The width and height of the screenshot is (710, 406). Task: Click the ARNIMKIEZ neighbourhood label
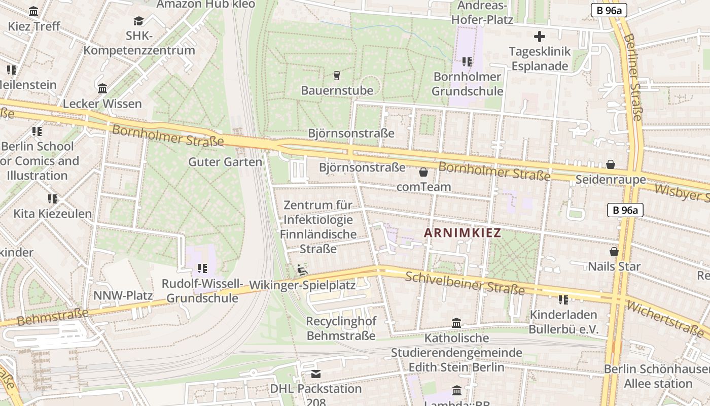pyautogui.click(x=462, y=233)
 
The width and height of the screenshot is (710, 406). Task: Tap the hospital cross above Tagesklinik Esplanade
pyautogui.click(x=540, y=37)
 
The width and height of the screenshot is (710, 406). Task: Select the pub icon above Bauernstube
pyautogui.click(x=336, y=76)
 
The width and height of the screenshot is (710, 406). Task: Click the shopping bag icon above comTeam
pyautogui.click(x=423, y=172)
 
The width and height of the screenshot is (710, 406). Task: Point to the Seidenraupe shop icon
pyautogui.click(x=611, y=164)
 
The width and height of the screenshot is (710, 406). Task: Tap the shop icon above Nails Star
pyautogui.click(x=614, y=252)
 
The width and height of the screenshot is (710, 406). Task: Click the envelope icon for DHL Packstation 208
pyautogui.click(x=316, y=374)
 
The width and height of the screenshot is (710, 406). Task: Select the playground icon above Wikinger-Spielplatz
pyautogui.click(x=302, y=269)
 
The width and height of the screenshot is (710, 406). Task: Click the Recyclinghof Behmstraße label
pyautogui.click(x=341, y=328)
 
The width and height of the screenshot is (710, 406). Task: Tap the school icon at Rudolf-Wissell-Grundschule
pyautogui.click(x=202, y=268)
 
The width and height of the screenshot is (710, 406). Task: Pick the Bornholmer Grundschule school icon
pyautogui.click(x=467, y=62)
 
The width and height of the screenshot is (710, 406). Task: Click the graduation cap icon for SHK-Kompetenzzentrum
pyautogui.click(x=138, y=21)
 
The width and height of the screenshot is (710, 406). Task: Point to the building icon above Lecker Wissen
pyautogui.click(x=102, y=89)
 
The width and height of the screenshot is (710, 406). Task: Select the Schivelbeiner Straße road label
pyautogui.click(x=465, y=283)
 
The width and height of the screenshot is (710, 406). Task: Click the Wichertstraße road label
pyautogui.click(x=664, y=318)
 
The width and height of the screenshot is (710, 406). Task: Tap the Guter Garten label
pyautogui.click(x=225, y=162)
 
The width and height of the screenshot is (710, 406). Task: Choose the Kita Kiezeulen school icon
pyautogui.click(x=53, y=198)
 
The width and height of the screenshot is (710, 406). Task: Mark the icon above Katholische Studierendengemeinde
pyautogui.click(x=456, y=323)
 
